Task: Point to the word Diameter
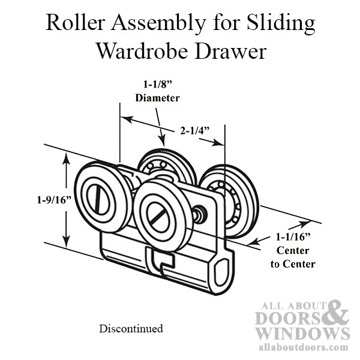pyautogui.click(x=158, y=97)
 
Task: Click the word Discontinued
pyautogui.click(x=131, y=329)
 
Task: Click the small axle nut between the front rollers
pyautogui.click(x=200, y=213)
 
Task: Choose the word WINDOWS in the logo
pyautogui.click(x=302, y=333)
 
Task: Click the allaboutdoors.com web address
pyautogui.click(x=302, y=347)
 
